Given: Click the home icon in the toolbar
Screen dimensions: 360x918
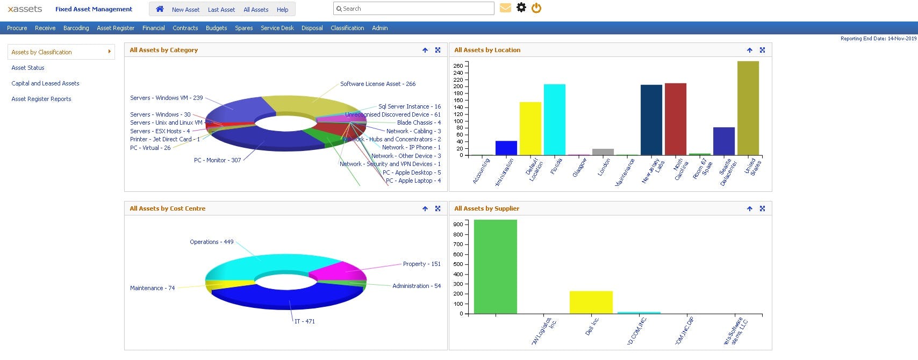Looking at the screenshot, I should click(x=160, y=9).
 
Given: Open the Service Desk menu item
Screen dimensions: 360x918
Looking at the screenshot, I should click(x=277, y=28).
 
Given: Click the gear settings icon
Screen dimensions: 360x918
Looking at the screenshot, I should click(x=521, y=8).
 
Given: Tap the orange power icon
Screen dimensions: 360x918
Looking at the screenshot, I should click(x=536, y=8).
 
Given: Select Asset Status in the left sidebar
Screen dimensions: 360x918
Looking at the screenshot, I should click(x=28, y=68).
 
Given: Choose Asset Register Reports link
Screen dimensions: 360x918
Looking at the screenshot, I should click(x=41, y=99).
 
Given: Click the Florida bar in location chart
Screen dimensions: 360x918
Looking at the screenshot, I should click(x=554, y=119).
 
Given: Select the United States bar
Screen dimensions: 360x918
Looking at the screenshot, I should click(x=748, y=107).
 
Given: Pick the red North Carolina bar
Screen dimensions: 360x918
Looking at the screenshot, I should click(x=675, y=119).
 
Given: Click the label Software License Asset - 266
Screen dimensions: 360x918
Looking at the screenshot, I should click(x=377, y=84).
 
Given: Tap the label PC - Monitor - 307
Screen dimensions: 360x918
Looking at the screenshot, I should click(x=217, y=160).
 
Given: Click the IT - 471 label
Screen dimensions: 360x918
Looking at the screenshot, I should click(x=305, y=321).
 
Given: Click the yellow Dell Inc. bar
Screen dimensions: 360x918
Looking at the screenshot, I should click(x=591, y=302).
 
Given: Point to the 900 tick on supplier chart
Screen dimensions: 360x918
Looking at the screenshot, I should click(x=458, y=224).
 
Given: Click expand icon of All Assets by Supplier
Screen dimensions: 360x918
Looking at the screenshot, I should click(x=762, y=208).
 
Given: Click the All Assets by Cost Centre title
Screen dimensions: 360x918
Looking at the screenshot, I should click(x=167, y=208).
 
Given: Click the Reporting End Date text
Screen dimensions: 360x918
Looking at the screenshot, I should click(x=878, y=39).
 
